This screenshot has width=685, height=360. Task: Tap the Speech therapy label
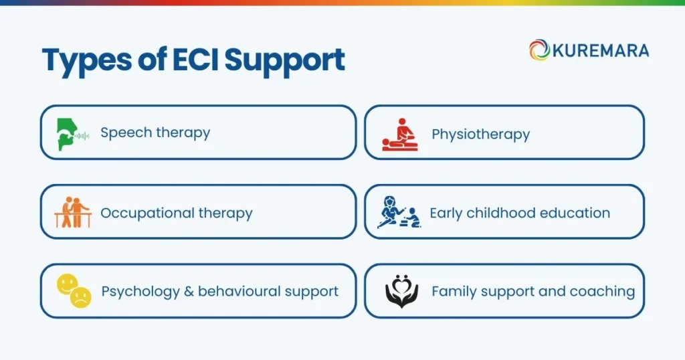[155, 132]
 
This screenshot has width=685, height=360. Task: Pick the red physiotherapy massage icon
[399, 134]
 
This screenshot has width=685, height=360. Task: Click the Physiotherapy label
[480, 134]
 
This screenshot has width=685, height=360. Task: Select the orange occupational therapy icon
[72, 213]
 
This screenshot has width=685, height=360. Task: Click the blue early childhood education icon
[399, 213]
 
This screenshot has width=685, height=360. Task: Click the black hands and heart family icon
[401, 292]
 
